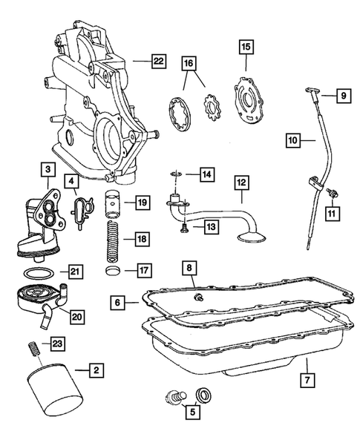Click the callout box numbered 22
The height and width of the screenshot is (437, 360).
point(157,63)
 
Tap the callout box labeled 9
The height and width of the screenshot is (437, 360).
point(343,95)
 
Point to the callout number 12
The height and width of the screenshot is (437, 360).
point(241,181)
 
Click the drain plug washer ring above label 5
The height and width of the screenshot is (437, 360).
point(202,394)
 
